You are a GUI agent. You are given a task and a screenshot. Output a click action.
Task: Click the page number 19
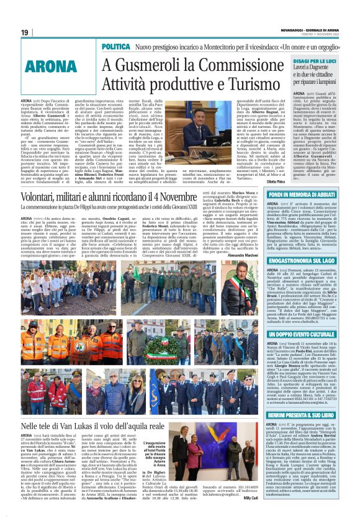coord(25,32)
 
